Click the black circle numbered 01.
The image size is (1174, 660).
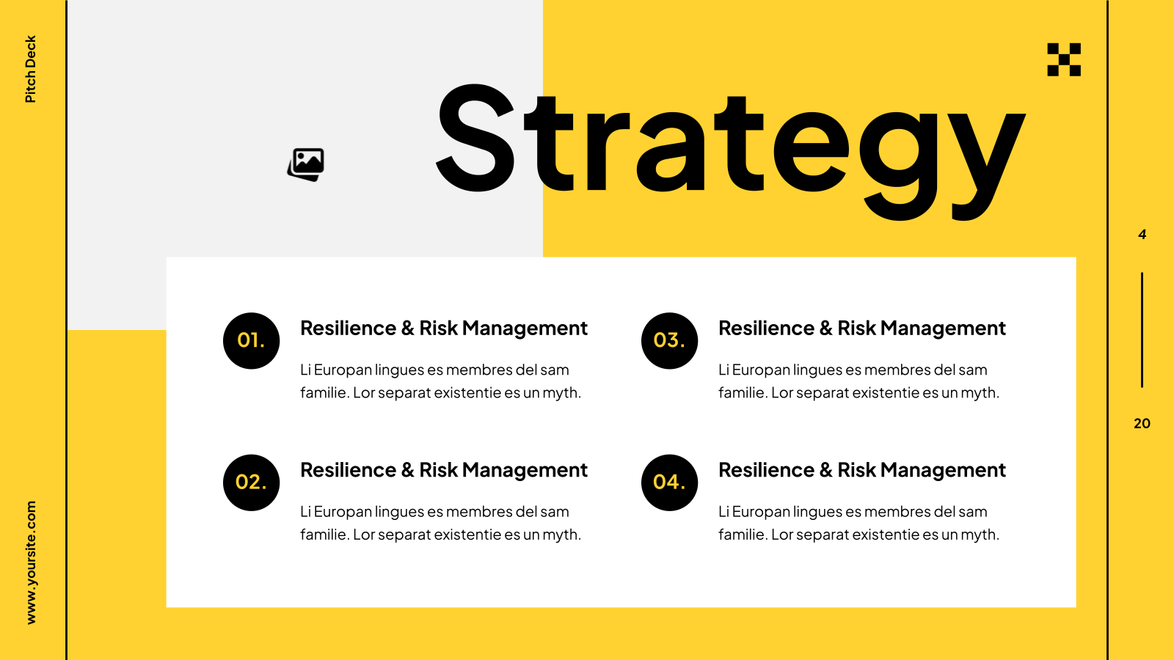click(251, 341)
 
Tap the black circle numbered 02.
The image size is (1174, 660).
click(251, 483)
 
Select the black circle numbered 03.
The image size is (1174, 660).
click(669, 341)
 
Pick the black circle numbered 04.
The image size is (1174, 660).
click(669, 483)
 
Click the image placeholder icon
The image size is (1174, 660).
click(306, 164)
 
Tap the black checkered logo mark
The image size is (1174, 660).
click(1064, 59)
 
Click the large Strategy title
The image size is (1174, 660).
click(731, 152)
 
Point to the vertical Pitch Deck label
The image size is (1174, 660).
click(30, 69)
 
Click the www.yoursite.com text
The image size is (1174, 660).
click(31, 562)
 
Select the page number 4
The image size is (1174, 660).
click(1142, 234)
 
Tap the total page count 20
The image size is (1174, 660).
click(1142, 423)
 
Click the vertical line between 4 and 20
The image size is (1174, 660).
click(1142, 330)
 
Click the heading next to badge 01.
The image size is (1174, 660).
click(444, 329)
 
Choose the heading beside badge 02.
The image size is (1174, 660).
click(444, 470)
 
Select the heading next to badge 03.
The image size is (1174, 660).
click(862, 329)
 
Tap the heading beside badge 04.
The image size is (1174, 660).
click(862, 470)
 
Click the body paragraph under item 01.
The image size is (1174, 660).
click(441, 381)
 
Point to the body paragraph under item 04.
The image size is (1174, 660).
click(859, 523)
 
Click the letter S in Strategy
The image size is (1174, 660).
click(475, 137)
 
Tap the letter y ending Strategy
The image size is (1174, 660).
click(988, 166)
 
